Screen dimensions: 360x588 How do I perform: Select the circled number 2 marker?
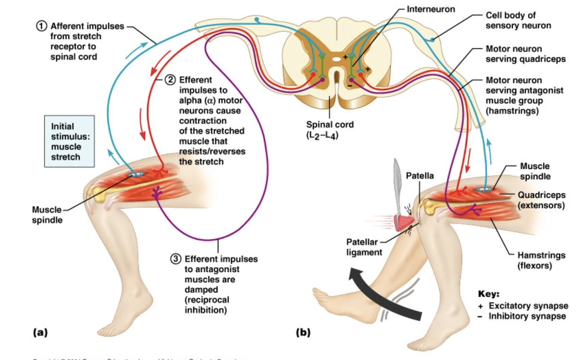[170, 80]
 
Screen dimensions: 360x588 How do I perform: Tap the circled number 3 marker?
[176, 259]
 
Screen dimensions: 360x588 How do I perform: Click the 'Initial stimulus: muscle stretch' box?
[69, 141]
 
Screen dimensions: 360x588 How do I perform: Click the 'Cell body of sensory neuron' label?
[518, 20]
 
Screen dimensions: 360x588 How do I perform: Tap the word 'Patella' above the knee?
[420, 176]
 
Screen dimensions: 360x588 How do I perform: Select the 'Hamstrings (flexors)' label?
[541, 260]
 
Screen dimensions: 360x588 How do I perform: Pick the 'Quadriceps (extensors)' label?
[541, 200]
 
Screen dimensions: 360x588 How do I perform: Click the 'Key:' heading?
[489, 294]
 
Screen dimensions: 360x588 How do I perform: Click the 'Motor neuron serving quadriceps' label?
[525, 54]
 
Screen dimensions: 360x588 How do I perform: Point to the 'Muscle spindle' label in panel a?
[47, 214]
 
